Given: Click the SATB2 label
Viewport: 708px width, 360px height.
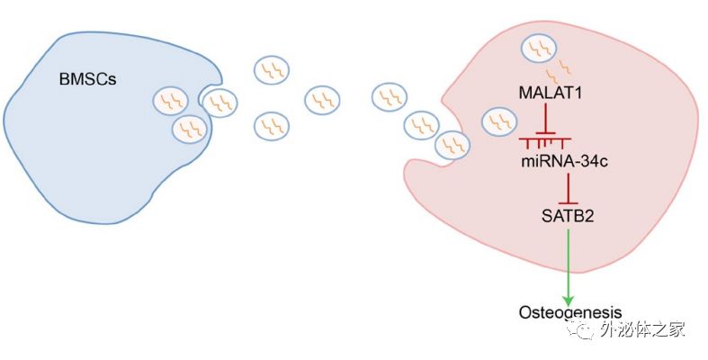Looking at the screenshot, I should click(567, 215).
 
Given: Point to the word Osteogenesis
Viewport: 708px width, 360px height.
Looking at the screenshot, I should click(569, 312).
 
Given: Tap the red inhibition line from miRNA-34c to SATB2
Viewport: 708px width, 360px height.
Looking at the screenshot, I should click(567, 187).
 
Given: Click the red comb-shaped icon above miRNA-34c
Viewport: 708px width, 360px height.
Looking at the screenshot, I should click(547, 141).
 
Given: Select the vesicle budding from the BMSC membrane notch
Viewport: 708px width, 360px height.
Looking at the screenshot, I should click(220, 103).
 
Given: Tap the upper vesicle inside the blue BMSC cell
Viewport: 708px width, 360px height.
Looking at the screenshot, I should click(167, 100).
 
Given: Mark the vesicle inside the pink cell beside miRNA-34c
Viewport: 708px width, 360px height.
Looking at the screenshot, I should click(499, 121).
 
